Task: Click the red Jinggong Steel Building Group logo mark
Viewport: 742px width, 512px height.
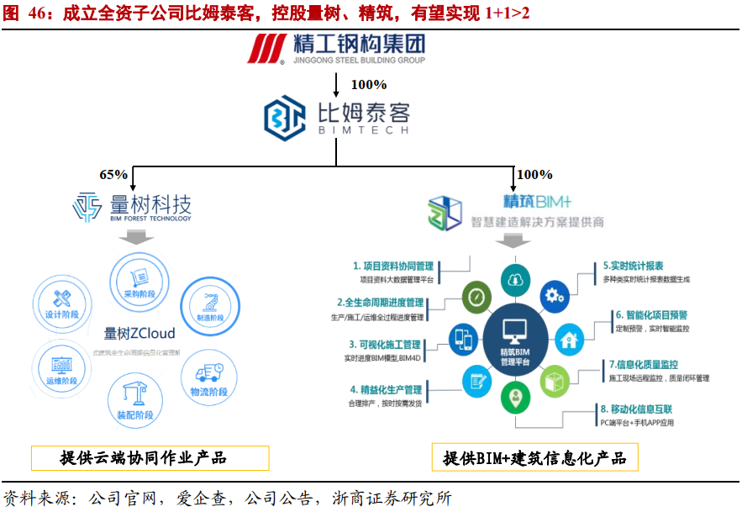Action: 270,48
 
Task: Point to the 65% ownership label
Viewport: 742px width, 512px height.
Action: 113,175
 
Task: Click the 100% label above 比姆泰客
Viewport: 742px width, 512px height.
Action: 368,84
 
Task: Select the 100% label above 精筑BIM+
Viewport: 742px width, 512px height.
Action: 534,175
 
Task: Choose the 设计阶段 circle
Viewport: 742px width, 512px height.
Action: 62,304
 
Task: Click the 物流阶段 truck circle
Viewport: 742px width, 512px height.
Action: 208,376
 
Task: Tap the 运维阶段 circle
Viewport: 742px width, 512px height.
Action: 61,367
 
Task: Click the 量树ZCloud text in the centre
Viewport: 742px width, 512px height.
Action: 139,333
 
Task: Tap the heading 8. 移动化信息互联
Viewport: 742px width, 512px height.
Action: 636,409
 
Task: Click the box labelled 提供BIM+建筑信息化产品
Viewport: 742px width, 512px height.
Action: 534,458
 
